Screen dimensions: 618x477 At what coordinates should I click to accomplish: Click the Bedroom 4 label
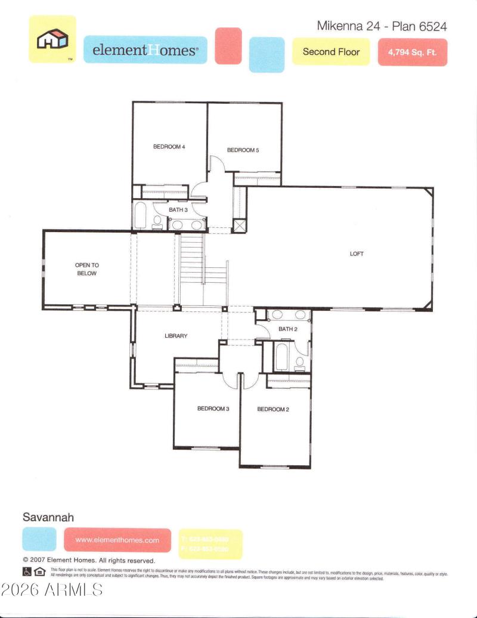pyautogui.click(x=169, y=146)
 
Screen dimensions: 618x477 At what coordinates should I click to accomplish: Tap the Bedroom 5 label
pyautogui.click(x=243, y=150)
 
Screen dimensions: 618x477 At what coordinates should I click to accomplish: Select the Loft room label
pyautogui.click(x=357, y=254)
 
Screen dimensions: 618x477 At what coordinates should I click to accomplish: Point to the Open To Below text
pyautogui.click(x=86, y=269)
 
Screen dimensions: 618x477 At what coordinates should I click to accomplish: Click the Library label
pyautogui.click(x=176, y=336)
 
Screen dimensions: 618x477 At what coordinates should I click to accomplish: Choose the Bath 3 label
pyautogui.click(x=178, y=210)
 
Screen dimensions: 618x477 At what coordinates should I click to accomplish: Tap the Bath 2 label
pyautogui.click(x=287, y=329)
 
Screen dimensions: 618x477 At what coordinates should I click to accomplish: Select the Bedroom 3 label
pyautogui.click(x=213, y=409)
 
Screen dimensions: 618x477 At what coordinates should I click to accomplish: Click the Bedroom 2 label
pyautogui.click(x=273, y=409)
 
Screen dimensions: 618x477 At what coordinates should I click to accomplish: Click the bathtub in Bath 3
pyautogui.click(x=141, y=216)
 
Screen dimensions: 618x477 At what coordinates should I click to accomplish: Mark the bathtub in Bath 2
pyautogui.click(x=281, y=357)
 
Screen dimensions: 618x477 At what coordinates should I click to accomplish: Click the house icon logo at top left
pyautogui.click(x=52, y=39)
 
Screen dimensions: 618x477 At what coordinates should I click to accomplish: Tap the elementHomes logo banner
pyautogui.click(x=145, y=50)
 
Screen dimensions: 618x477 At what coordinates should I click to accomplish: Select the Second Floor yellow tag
pyautogui.click(x=331, y=52)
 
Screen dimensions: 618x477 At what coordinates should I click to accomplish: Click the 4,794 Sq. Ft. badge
pyautogui.click(x=412, y=52)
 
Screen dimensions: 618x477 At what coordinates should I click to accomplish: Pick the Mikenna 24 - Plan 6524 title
pyautogui.click(x=382, y=26)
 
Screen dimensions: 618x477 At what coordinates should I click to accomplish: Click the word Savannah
pyautogui.click(x=48, y=517)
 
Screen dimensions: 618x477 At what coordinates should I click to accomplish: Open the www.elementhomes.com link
pyautogui.click(x=117, y=540)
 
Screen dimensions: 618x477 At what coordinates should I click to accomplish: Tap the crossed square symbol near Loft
pyautogui.click(x=239, y=225)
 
